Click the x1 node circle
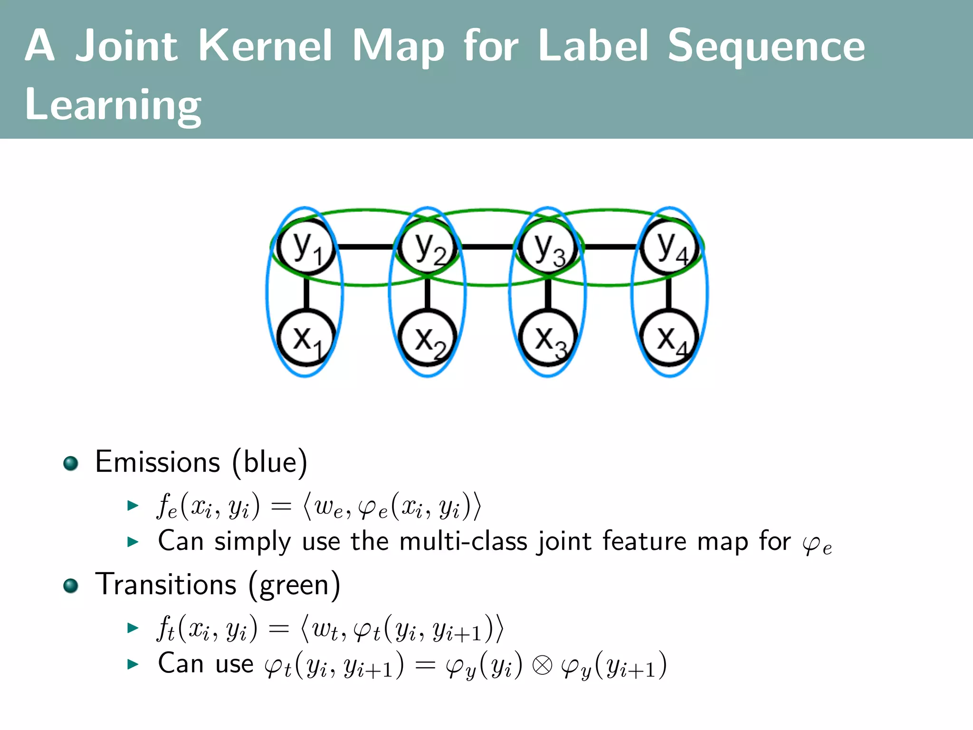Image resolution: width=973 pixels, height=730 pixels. tap(306, 338)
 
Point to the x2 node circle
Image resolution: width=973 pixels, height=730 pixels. tap(428, 338)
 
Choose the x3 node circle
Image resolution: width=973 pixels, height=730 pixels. tap(548, 338)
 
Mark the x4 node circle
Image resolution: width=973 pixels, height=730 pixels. tap(669, 338)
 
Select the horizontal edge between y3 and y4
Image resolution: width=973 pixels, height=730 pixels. tap(609, 247)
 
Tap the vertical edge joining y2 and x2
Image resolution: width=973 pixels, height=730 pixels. tap(428, 293)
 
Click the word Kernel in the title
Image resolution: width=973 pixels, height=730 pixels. tap(265, 46)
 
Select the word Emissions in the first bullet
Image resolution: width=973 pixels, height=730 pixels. tap(158, 462)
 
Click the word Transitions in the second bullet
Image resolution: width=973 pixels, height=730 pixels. tap(166, 585)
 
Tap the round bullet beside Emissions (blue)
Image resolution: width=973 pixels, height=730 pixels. tap(71, 463)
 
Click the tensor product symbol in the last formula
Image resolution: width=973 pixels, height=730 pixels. tap(542, 665)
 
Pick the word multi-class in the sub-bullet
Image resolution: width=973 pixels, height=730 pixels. tap(463, 541)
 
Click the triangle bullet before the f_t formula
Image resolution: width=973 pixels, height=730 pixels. tap(133, 628)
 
